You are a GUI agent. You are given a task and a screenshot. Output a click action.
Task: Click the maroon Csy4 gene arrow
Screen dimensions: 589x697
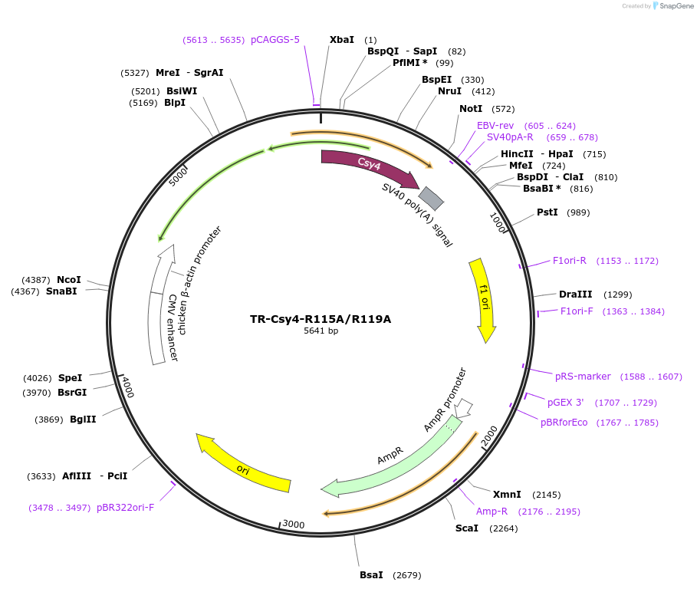368,164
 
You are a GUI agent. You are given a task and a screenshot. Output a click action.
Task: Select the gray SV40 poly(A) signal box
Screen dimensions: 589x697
431,199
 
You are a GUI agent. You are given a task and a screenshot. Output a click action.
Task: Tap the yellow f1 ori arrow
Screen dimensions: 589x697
483,299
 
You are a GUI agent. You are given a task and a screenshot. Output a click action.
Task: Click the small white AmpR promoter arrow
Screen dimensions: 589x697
463,406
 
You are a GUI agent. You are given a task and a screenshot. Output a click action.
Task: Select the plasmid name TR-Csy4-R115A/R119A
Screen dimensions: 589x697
321,319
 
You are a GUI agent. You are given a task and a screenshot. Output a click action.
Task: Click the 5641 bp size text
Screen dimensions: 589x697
321,331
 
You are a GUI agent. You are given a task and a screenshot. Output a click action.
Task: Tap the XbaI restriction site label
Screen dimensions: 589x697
342,40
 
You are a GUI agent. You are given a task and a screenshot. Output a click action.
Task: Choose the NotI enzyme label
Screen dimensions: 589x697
471,109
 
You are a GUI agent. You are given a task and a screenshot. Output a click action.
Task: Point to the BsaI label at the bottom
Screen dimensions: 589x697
371,575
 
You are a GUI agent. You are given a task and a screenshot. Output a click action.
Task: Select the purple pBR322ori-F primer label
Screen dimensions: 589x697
126,508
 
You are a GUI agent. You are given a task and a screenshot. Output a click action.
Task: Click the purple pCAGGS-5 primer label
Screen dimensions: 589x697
275,40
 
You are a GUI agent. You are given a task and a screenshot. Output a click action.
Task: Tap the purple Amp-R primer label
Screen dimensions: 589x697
492,512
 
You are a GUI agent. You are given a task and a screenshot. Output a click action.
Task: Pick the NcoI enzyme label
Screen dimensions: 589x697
68,280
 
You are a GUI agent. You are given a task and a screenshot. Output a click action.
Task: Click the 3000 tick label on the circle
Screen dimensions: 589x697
294,524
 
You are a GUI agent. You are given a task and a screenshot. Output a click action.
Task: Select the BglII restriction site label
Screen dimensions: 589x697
83,420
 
